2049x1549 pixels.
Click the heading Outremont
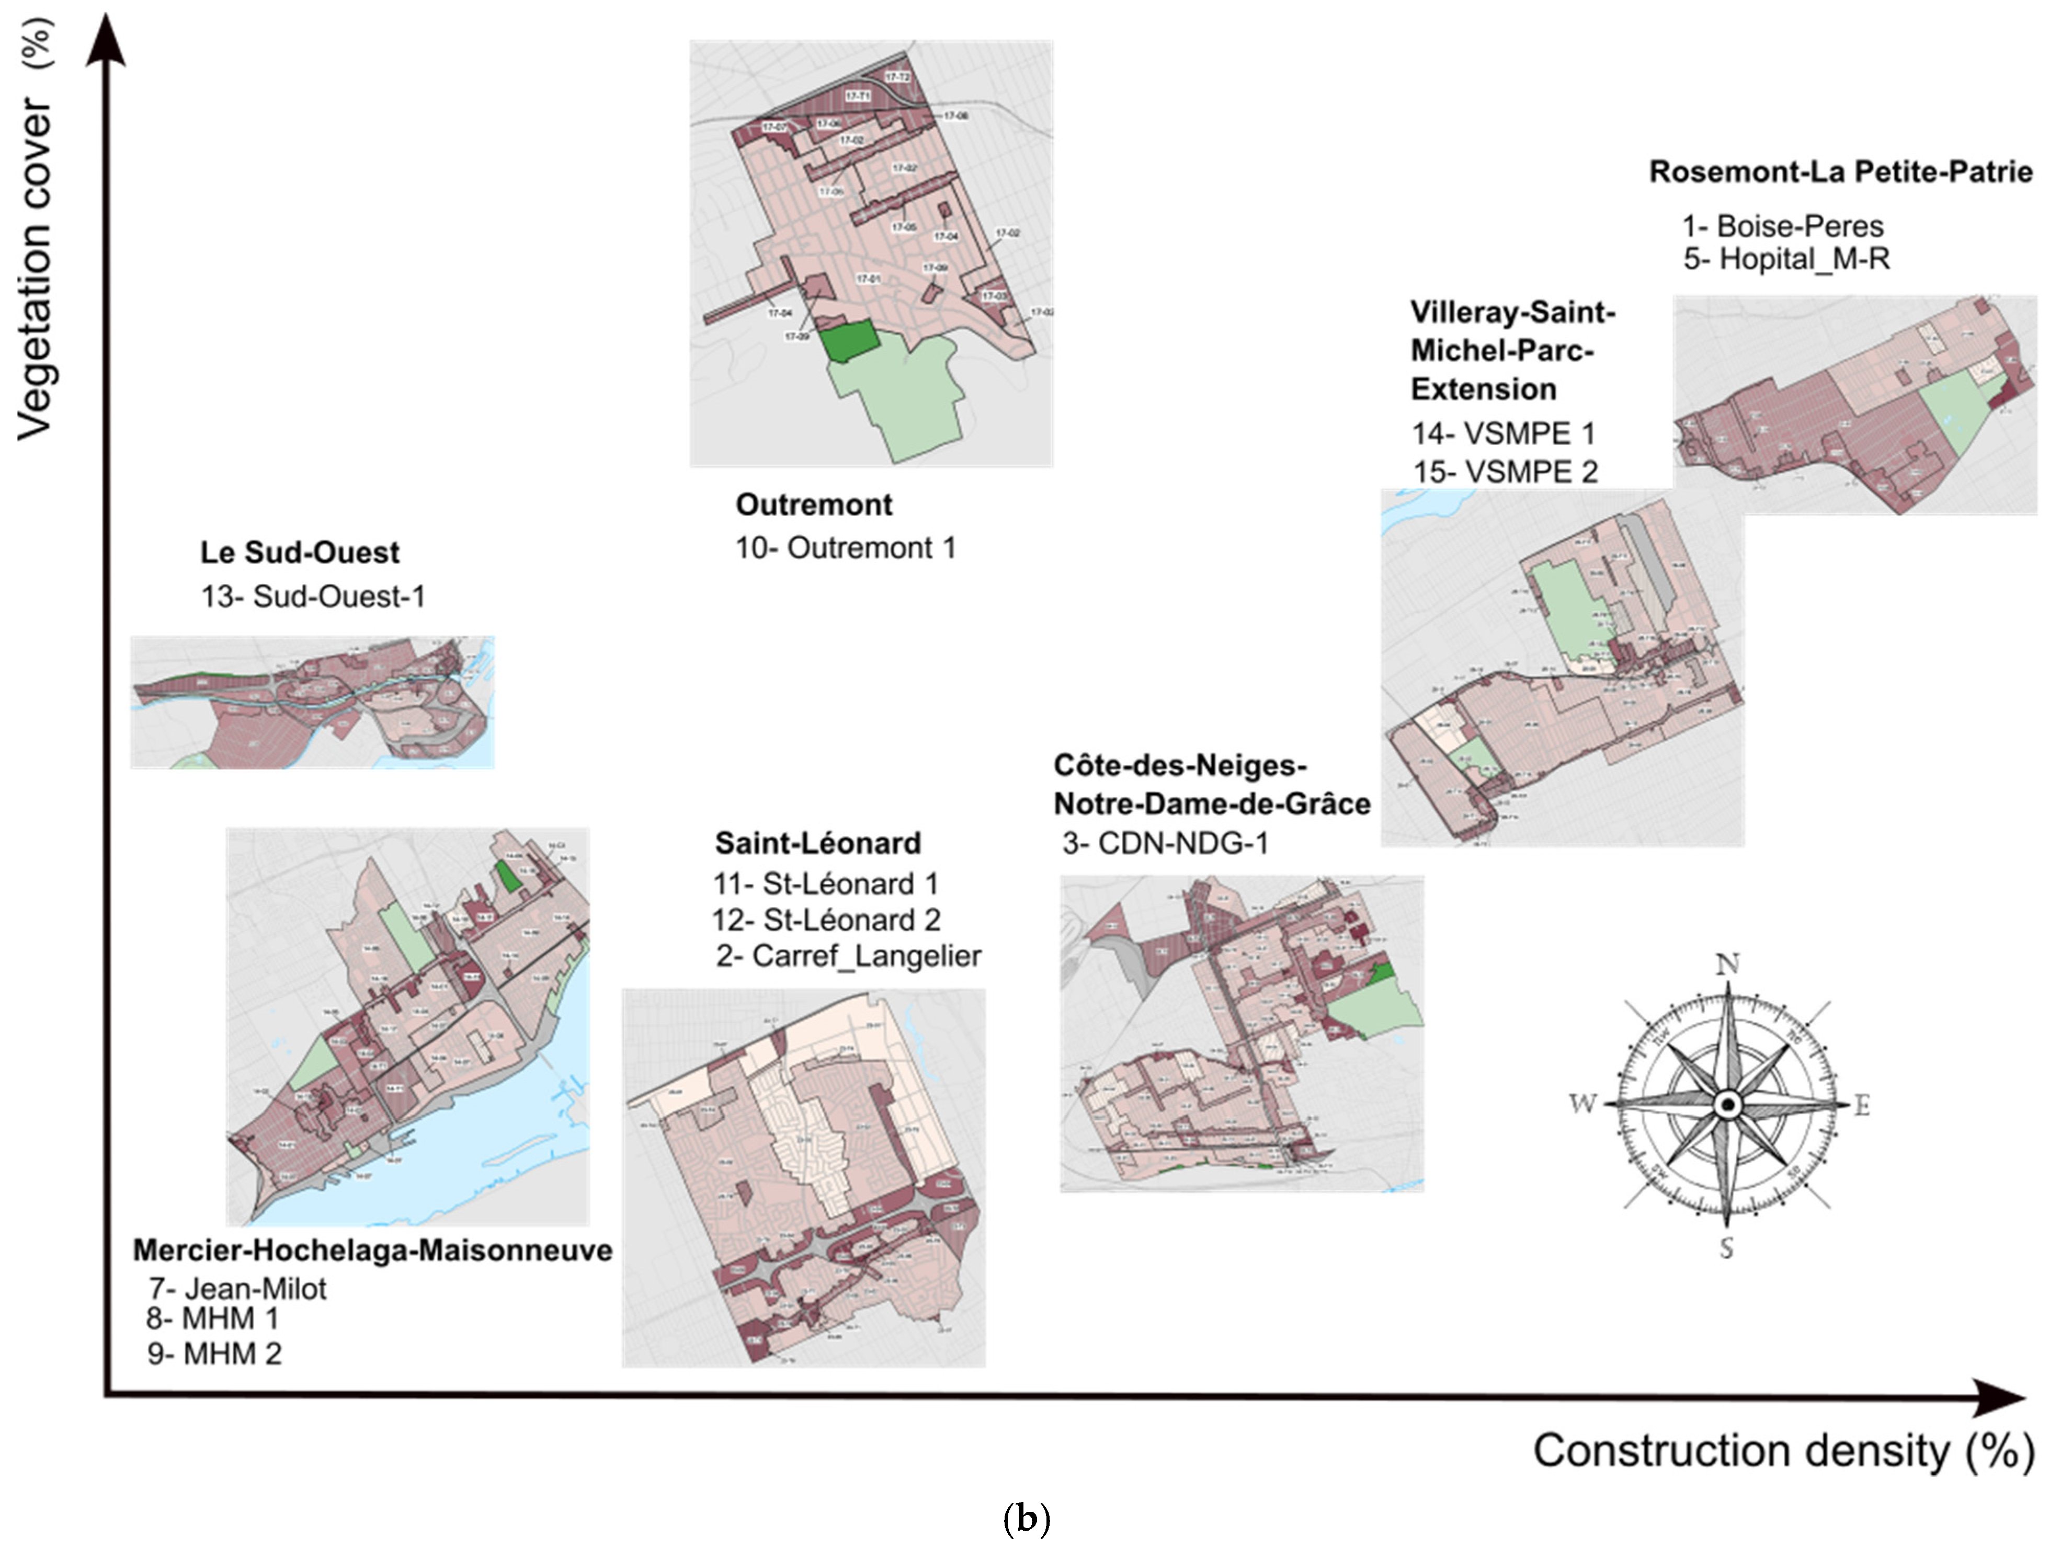click(x=813, y=504)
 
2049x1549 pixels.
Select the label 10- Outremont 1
click(x=845, y=548)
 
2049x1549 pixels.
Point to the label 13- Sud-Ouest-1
click(x=313, y=596)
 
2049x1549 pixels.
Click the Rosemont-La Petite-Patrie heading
click(x=1840, y=172)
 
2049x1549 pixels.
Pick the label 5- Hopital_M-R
click(x=1786, y=259)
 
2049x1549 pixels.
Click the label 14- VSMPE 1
click(x=1502, y=433)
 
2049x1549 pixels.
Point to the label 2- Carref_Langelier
click(x=848, y=956)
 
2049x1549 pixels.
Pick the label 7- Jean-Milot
click(x=237, y=1288)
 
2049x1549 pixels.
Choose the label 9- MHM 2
click(x=214, y=1353)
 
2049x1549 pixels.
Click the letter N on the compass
click(x=1727, y=965)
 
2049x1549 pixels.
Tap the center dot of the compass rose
click(x=1727, y=1104)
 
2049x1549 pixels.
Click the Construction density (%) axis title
click(x=1783, y=1451)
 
